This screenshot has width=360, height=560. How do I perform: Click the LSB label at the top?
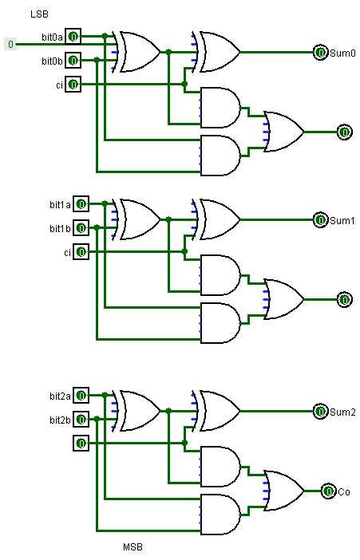[39, 14]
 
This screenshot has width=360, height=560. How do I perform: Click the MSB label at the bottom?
[133, 547]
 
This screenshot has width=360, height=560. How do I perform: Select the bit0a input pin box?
[73, 37]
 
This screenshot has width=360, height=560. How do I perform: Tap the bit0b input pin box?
[73, 60]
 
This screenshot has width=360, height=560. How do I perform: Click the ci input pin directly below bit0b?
[73, 84]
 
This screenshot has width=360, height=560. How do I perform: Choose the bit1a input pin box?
[81, 204]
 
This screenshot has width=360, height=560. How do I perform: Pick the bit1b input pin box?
[81, 227]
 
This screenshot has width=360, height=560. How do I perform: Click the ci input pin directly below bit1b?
[81, 251]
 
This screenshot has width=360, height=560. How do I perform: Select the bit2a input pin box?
[81, 396]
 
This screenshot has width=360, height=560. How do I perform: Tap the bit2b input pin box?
[81, 419]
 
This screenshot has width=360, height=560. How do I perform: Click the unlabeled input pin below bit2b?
[81, 443]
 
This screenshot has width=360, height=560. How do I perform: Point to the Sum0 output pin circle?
[320, 53]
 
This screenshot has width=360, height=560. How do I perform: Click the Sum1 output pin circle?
[320, 220]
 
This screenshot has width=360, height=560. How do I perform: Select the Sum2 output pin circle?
[320, 412]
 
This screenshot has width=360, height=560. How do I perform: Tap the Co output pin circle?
[328, 491]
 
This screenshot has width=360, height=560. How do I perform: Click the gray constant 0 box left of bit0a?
[10, 44]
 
